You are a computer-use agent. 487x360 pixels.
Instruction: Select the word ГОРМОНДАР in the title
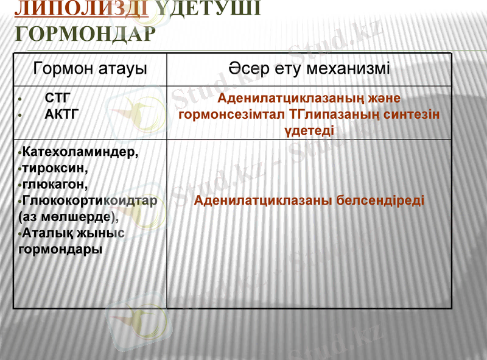coord(84,34)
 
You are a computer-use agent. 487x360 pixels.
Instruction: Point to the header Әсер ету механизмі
coord(309,68)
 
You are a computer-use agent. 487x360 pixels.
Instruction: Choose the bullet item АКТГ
coord(62,113)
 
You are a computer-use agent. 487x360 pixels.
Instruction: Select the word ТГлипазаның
coord(331,114)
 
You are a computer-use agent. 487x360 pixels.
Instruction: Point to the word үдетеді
coord(309,130)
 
